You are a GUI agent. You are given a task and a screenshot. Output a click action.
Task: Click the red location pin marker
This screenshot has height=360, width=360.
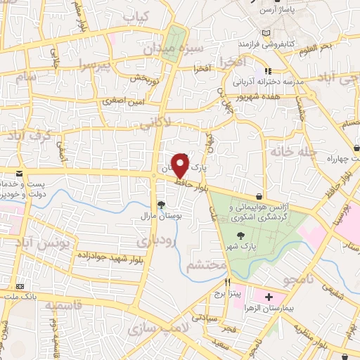(181, 165)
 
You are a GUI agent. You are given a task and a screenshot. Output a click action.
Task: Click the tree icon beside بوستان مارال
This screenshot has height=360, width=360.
(162, 205)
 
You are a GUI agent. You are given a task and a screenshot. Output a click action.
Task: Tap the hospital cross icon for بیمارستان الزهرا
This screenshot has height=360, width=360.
(269, 298)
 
